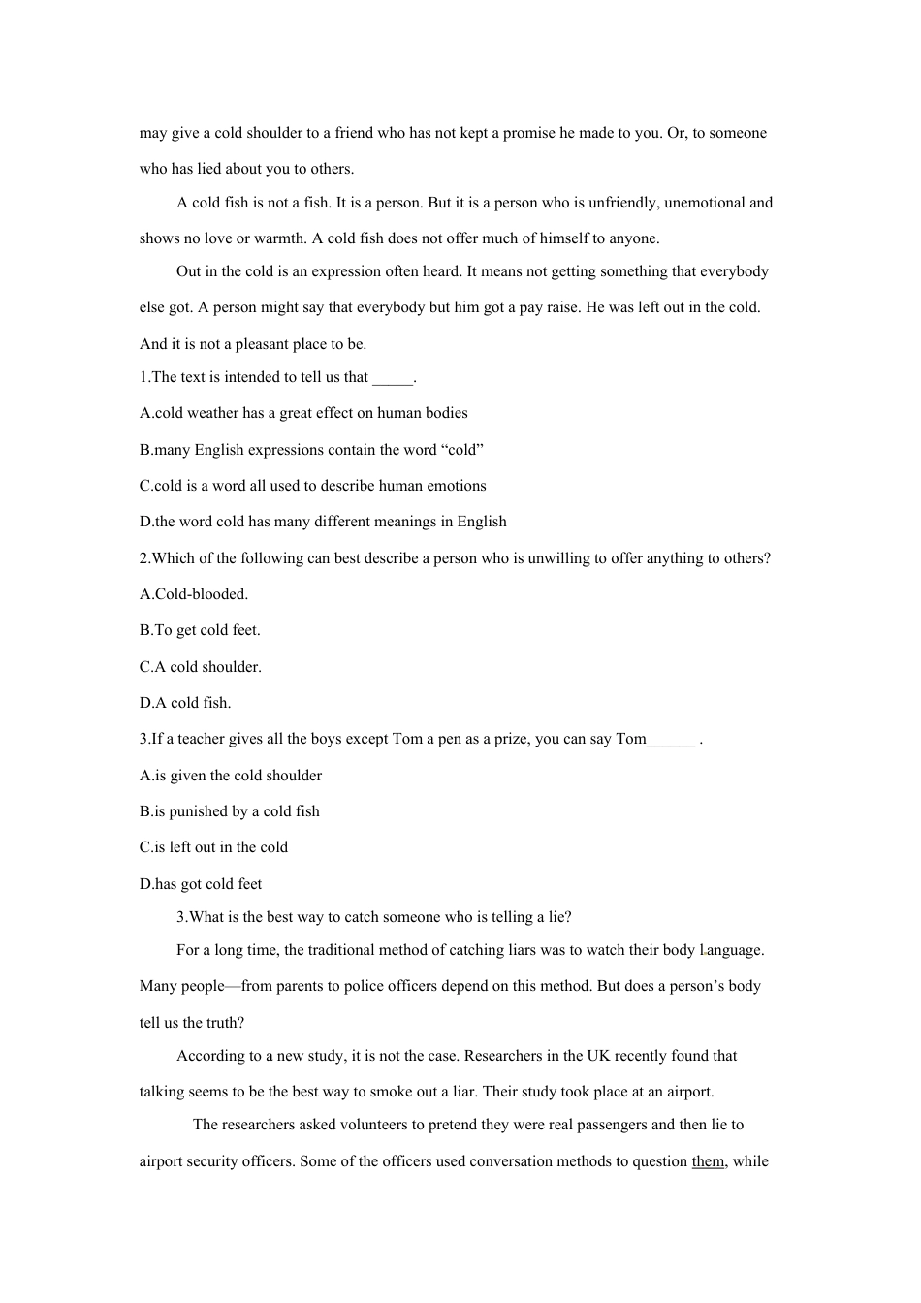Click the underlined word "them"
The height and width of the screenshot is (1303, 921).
tap(708, 1161)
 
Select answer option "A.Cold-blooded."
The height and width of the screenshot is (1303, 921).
tap(194, 594)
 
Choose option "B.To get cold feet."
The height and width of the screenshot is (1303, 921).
tap(200, 630)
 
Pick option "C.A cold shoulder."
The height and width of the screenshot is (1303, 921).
tap(201, 667)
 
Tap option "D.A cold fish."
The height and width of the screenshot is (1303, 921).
tap(185, 703)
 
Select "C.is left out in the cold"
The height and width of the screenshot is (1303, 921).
tap(213, 847)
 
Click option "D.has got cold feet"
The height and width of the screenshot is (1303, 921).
tap(201, 884)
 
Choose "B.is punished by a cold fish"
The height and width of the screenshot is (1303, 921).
tap(230, 811)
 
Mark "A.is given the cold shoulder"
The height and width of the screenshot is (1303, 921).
tap(231, 776)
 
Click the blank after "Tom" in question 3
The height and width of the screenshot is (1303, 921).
tap(671, 741)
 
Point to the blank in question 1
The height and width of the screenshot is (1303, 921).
tap(393, 379)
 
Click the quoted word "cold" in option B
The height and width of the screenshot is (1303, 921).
tap(461, 450)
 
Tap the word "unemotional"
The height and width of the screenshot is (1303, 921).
tap(705, 203)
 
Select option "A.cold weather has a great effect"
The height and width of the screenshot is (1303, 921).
tap(303, 413)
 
